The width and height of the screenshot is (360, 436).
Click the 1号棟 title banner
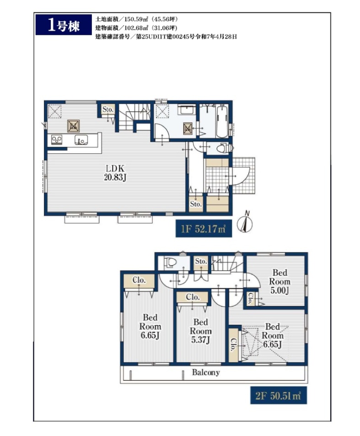(64, 25)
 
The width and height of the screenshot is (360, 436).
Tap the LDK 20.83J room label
(115, 172)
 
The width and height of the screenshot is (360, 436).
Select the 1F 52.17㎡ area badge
(204, 229)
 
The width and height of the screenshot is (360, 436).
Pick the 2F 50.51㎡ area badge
(279, 395)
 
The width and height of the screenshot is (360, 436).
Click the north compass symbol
(245, 222)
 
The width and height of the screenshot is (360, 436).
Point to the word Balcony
(206, 372)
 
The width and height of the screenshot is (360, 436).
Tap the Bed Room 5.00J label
(279, 281)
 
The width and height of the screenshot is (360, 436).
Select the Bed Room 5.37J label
(200, 331)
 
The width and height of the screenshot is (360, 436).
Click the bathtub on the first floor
(222, 122)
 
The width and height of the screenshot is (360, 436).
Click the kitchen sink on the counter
(81, 140)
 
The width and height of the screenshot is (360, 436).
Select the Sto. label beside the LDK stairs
(108, 109)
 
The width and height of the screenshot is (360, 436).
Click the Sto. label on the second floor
(201, 261)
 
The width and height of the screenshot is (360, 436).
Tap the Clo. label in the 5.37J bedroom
(193, 297)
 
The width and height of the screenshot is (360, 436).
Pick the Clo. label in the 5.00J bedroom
(250, 299)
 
